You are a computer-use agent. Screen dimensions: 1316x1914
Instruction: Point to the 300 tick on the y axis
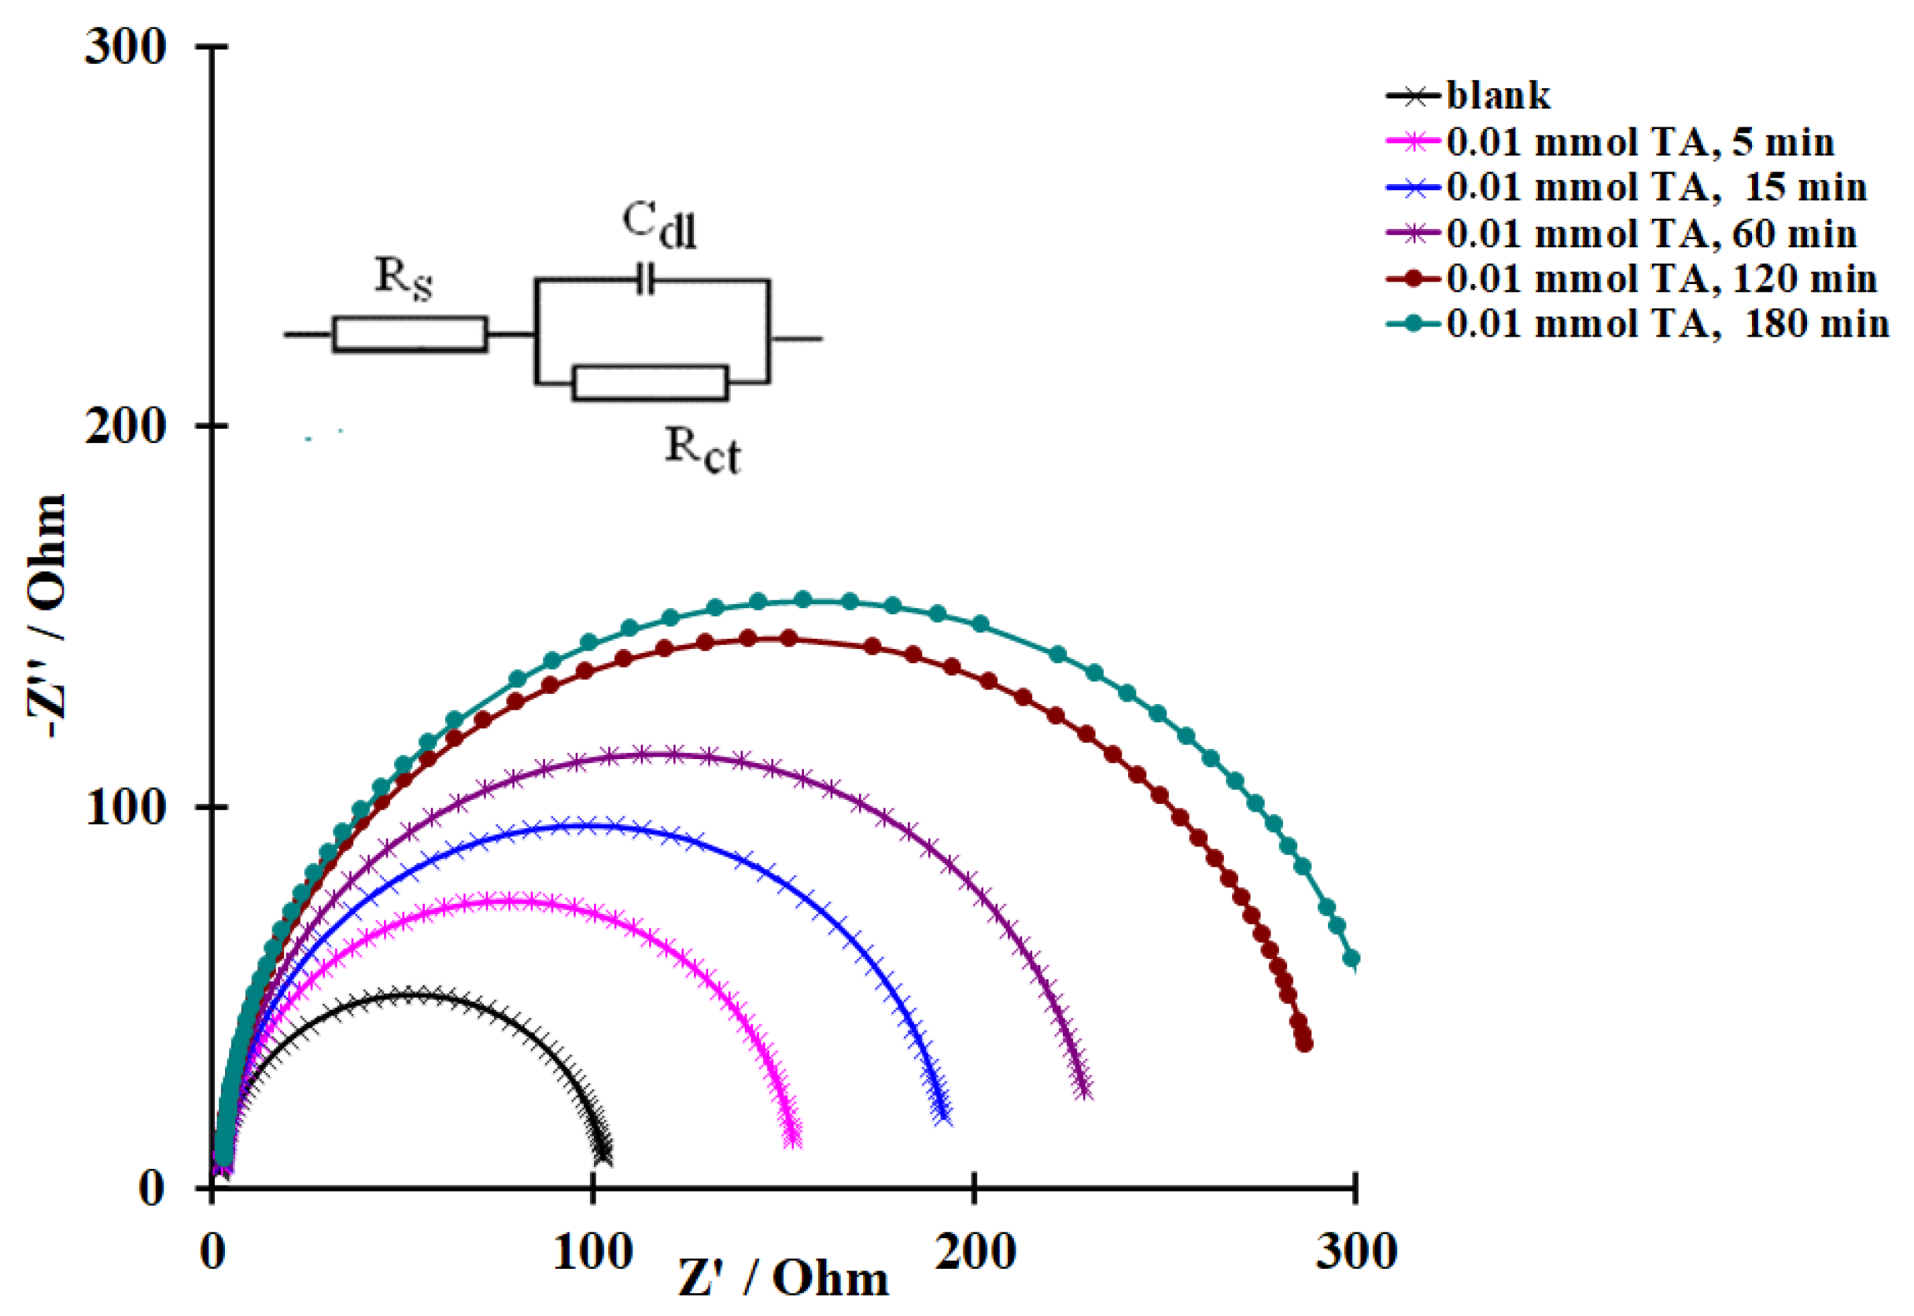pyautogui.click(x=125, y=46)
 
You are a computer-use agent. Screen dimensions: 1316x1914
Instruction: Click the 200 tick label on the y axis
pyautogui.click(x=125, y=426)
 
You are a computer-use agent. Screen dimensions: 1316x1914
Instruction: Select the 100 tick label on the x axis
pyautogui.click(x=592, y=1252)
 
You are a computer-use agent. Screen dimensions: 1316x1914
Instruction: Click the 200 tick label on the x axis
pyautogui.click(x=974, y=1252)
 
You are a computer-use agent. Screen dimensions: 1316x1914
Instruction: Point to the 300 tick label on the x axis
pyautogui.click(x=1355, y=1252)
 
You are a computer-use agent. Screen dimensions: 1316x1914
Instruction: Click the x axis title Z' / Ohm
pyautogui.click(x=784, y=1279)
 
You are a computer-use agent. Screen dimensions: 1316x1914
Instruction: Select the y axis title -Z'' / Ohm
pyautogui.click(x=46, y=615)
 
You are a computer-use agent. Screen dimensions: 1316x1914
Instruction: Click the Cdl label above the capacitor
pyautogui.click(x=658, y=223)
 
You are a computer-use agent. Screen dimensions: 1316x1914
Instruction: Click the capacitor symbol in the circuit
pyautogui.click(x=646, y=279)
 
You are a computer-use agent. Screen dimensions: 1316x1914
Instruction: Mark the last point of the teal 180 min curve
pyautogui.click(x=1352, y=958)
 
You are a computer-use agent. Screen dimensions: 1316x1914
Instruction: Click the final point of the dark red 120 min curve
pyautogui.click(x=1304, y=1044)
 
